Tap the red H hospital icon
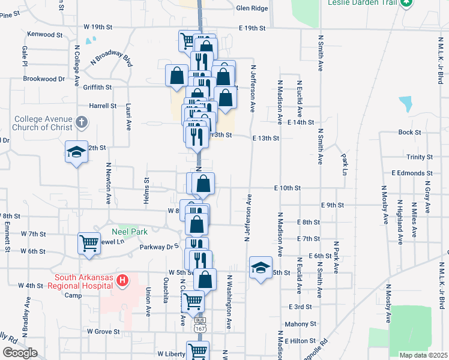pos(122,280)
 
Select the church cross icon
pos(82,123)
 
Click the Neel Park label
pos(125,231)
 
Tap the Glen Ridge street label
pos(252,8)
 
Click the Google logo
pos(20,353)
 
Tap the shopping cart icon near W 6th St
pos(89,243)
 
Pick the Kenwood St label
pos(41,34)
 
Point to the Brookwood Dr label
pos(44,79)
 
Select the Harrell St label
pos(103,106)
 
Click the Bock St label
pos(408,132)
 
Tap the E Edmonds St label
pos(412,173)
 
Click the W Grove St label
pos(104,331)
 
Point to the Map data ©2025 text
pos(423,355)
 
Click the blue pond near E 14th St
pos(407,104)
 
